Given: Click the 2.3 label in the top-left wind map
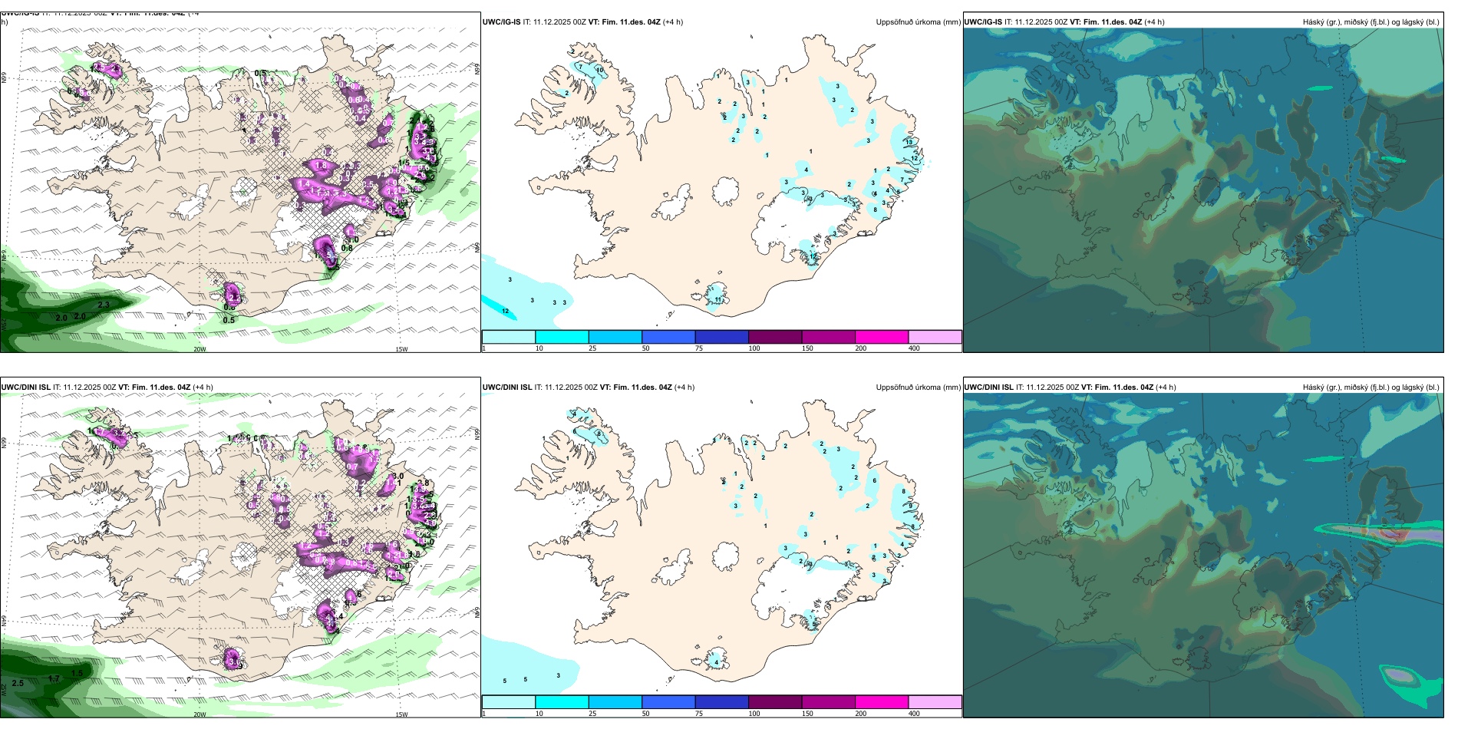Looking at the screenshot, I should (104, 305).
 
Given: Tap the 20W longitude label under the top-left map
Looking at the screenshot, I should (200, 349).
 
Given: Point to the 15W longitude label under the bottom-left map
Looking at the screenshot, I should (401, 714).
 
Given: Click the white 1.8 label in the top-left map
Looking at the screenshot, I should (321, 166).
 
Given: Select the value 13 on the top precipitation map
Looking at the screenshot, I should (909, 142).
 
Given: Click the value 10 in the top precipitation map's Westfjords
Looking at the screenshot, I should (599, 70).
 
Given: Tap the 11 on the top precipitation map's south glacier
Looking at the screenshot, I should (718, 299).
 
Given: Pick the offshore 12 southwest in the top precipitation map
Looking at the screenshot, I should (505, 311).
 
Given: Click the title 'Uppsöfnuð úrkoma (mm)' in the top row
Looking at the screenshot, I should (918, 22).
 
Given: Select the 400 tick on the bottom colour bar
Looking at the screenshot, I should (914, 714).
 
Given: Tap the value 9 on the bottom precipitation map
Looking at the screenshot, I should (911, 506).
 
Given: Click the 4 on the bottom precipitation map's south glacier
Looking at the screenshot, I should (716, 661).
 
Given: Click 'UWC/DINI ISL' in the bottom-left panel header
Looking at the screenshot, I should (25, 388).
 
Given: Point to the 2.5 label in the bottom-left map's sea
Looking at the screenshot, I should (18, 683).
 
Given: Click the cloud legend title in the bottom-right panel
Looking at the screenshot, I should (1371, 388).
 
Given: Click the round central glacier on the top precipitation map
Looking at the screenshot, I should (725, 191).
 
